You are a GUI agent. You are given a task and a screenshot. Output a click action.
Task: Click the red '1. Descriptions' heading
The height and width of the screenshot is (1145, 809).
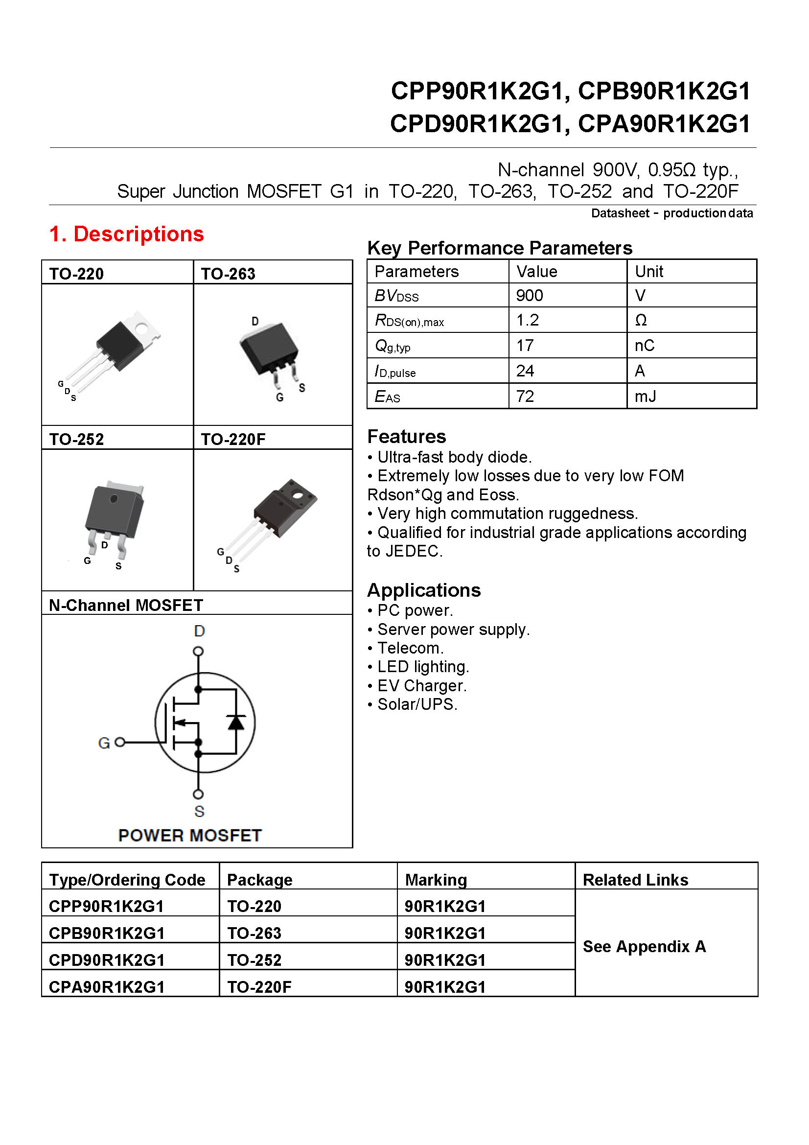(127, 234)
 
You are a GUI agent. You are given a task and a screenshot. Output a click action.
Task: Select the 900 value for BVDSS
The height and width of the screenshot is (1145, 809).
(530, 296)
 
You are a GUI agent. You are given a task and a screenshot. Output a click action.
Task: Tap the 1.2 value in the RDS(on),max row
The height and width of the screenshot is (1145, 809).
(528, 320)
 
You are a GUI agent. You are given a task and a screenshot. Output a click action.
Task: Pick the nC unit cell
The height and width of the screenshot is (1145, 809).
(645, 346)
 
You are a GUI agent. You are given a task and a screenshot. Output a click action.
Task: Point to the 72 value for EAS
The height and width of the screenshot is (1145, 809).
(525, 397)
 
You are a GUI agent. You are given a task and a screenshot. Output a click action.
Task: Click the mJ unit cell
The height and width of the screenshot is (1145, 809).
(646, 397)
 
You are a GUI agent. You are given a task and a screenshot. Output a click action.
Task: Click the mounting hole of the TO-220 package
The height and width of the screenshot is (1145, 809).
(141, 328)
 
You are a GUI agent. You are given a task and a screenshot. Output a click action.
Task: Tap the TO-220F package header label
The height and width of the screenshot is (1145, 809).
(233, 439)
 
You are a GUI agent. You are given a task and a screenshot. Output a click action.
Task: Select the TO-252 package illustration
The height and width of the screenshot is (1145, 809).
(113, 518)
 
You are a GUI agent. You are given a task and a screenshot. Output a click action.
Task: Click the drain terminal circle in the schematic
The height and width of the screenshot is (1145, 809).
(198, 651)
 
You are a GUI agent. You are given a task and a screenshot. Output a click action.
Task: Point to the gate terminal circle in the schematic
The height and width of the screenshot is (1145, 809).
(119, 743)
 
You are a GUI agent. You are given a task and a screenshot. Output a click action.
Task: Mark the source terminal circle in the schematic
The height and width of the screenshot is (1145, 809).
(198, 794)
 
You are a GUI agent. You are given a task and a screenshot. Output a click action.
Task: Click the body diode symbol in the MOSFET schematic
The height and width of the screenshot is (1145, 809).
(236, 722)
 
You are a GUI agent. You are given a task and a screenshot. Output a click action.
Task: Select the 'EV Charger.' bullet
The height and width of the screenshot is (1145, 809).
(422, 686)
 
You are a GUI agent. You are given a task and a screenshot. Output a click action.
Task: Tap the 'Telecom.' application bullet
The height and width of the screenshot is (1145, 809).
(410, 648)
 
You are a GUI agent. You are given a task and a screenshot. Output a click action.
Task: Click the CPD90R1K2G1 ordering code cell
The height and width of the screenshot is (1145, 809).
(107, 960)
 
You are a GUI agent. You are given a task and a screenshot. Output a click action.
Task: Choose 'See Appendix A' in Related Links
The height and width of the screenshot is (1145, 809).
(644, 946)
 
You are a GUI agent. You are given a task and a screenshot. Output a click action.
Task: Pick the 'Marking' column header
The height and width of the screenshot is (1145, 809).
(436, 880)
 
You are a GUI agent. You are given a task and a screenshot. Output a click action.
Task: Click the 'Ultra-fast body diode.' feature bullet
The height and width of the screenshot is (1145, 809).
(454, 457)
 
